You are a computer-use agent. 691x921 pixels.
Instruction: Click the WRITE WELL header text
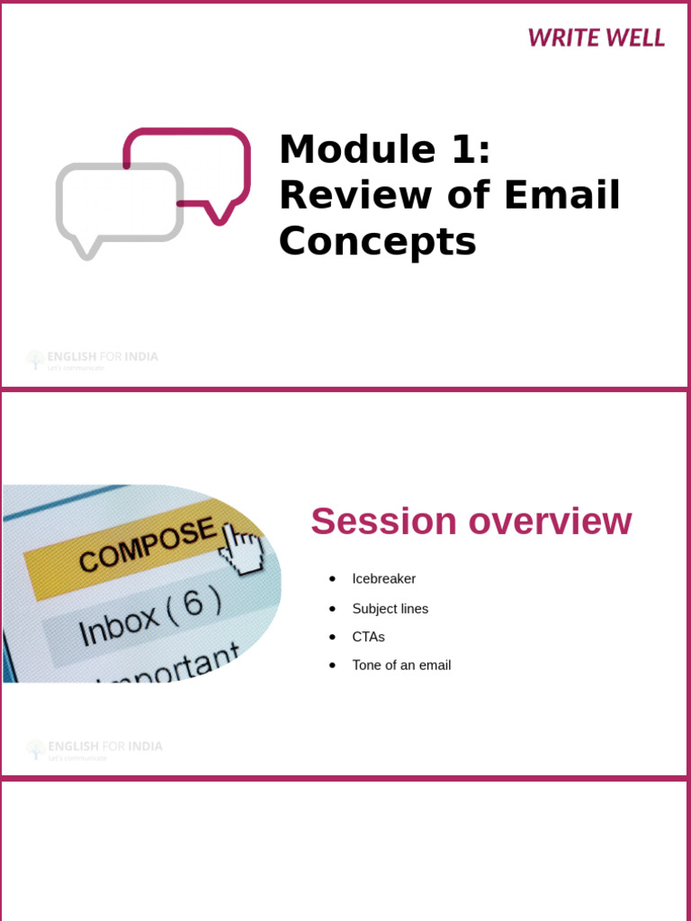[596, 38]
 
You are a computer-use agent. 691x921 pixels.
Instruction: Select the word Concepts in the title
[377, 241]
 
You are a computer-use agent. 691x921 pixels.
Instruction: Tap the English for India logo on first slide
[92, 359]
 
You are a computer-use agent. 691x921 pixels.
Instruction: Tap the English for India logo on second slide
[94, 749]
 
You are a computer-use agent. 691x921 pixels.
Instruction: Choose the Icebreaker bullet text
[383, 579]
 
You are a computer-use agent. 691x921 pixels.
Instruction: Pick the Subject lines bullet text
[390, 609]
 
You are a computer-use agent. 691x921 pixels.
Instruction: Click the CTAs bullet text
[368, 637]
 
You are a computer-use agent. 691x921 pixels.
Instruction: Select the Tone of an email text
[401, 666]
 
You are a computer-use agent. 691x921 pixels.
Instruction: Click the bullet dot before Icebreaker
[332, 579]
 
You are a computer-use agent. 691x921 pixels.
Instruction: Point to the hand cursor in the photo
[241, 549]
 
